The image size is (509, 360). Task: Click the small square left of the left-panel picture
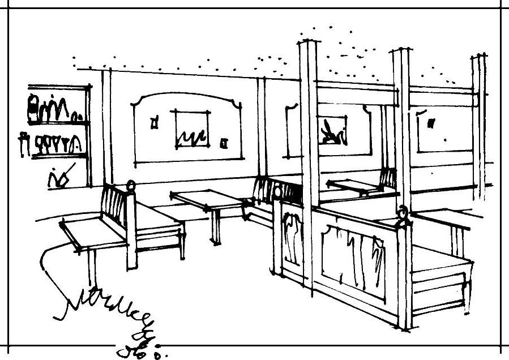pyautogui.click(x=154, y=122)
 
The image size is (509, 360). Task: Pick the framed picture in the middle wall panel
pyautogui.click(x=331, y=132)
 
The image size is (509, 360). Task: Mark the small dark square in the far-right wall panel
pyautogui.click(x=432, y=122)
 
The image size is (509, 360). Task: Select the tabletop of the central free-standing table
pyautogui.click(x=207, y=199)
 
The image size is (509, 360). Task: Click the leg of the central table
pyautogui.click(x=216, y=226)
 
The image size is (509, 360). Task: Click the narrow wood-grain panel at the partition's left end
pyautogui.click(x=292, y=238)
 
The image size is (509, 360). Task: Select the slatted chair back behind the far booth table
pyautogui.click(x=388, y=178)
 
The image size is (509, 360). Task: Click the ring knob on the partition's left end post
pyautogui.click(x=277, y=193)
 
